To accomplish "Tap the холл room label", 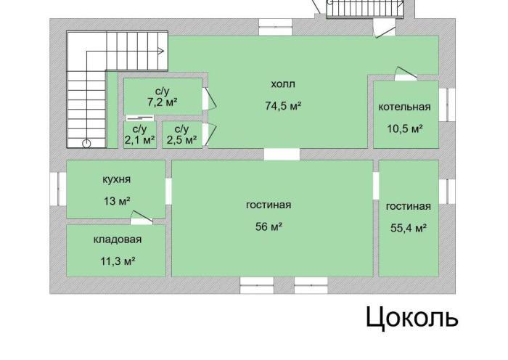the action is pos(283,84).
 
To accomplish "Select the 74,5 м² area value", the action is pos(283,106).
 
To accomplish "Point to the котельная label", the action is pos(405,107).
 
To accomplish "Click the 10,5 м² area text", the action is pos(405,128).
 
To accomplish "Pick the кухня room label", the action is pos(116,179).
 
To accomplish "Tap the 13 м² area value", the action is pos(117,201).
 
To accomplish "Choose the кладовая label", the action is pos(118,240).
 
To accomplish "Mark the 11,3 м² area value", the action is pos(118,261).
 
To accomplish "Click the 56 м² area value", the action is pos(269,226).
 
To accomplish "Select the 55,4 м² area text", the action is pos(408,228).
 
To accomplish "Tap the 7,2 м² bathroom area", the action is pos(163,102).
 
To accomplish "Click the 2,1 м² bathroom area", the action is pos(139,140).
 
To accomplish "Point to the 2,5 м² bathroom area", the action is pos(181,140).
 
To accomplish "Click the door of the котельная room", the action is pos(405,74).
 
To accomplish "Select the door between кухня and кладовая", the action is pos(142,218).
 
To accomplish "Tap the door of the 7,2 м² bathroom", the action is pos(209,98).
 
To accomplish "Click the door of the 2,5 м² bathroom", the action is pos(209,135).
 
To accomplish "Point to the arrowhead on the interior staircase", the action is pos(160,51).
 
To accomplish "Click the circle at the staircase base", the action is pos(86,144).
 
